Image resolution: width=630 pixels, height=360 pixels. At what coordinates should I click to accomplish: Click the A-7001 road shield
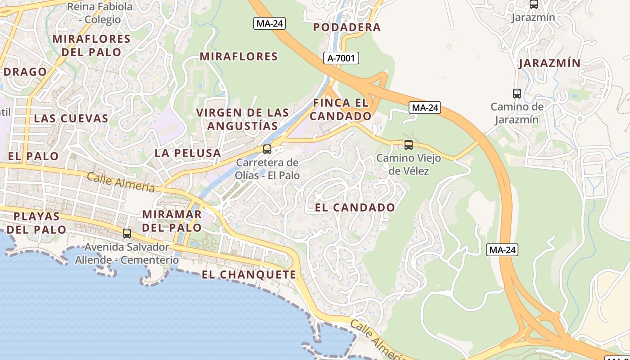[341, 58]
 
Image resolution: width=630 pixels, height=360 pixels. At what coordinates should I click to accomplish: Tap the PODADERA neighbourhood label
[347, 27]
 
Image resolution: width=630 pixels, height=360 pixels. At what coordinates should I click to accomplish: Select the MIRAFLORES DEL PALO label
[91, 45]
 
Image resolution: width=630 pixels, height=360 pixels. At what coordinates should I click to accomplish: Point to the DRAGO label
[25, 72]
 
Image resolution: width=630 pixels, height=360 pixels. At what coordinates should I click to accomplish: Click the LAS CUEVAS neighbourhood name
[71, 118]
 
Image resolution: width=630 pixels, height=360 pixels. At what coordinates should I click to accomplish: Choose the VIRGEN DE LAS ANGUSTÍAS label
[243, 119]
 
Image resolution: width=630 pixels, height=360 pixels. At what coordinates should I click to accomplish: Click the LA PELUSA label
[188, 153]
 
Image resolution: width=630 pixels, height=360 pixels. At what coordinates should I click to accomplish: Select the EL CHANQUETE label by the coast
[249, 275]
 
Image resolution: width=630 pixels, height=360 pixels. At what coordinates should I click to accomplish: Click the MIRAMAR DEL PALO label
[172, 221]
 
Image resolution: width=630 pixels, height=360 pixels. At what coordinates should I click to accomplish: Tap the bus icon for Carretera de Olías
[267, 149]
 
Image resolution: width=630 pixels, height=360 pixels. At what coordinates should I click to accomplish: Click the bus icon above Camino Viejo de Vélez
[409, 145]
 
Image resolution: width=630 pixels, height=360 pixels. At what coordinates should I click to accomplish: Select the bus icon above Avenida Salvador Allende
[127, 233]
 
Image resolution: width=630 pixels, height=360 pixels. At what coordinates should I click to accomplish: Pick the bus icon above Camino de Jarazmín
[517, 94]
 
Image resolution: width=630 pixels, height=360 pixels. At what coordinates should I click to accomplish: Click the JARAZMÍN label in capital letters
[549, 63]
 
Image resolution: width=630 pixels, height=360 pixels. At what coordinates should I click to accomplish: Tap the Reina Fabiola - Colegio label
[99, 13]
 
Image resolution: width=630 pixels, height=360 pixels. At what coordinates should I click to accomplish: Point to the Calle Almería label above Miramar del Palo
[121, 182]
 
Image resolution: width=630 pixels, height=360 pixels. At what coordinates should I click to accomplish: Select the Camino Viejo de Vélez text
[409, 165]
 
